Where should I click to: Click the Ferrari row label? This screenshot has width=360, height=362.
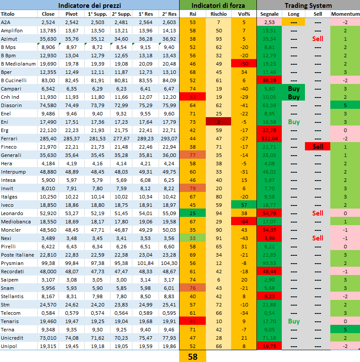9,139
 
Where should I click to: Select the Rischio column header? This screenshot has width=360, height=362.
218,14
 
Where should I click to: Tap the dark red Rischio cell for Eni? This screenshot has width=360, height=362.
218,122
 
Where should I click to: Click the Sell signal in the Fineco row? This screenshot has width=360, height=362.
318,147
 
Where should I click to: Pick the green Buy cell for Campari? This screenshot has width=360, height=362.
294,89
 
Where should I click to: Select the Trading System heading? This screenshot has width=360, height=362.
308,5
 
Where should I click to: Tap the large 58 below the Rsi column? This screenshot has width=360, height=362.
193,356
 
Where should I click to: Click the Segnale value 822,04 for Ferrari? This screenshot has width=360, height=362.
270,139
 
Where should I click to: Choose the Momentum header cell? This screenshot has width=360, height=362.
345,14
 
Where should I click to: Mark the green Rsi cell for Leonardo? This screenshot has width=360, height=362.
193,213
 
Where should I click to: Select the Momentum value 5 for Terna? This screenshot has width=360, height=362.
345,330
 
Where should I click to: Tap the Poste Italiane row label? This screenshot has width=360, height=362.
17,255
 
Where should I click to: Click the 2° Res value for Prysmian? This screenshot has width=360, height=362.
169,263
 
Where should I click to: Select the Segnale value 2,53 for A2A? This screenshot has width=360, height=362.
270,22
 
